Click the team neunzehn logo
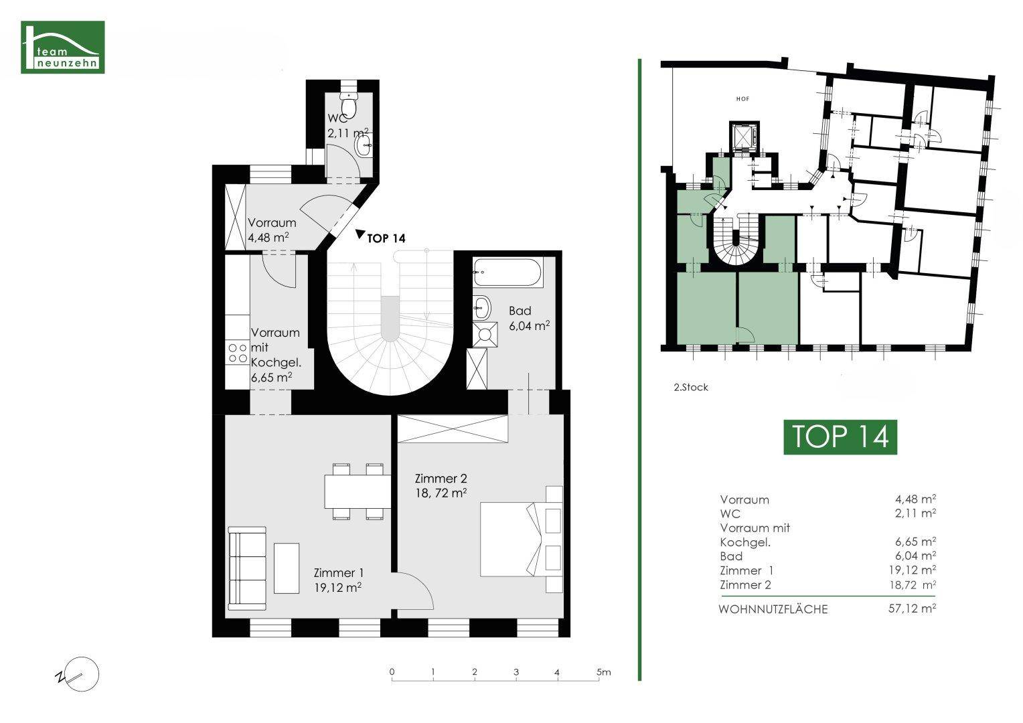tap(62, 47)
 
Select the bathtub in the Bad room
tap(507, 272)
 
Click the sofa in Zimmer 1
tap(247, 568)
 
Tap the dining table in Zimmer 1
tap(358, 491)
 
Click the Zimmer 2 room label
tap(441, 485)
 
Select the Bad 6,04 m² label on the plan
tap(529, 318)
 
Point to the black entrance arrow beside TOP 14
tap(360, 234)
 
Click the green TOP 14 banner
tap(840, 437)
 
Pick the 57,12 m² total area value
tap(912, 609)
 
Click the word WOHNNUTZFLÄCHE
tap(773, 609)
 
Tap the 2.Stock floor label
tap(691, 388)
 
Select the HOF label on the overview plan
tap(742, 98)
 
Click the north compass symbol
tap(78, 675)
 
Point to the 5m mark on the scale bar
tap(603, 672)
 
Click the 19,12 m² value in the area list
tap(913, 570)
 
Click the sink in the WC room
tap(365, 146)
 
